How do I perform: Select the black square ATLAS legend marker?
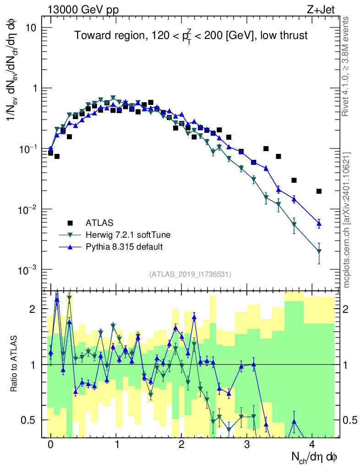click(x=70, y=223)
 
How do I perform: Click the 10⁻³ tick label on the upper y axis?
click(x=28, y=269)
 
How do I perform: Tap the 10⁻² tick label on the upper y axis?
click(x=28, y=209)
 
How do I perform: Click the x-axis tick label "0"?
click(x=50, y=445)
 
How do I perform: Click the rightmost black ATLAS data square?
click(x=319, y=191)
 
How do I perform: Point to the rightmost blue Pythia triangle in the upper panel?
click(x=319, y=223)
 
